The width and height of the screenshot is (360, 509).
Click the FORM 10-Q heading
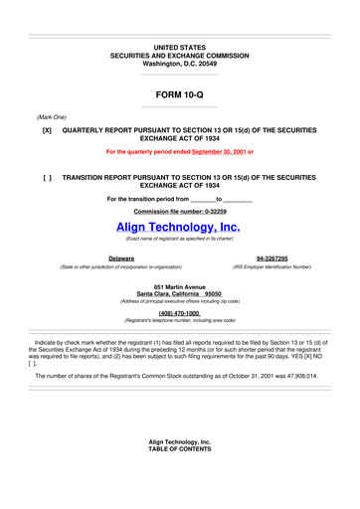pos(179,94)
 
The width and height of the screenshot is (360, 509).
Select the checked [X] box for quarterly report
pos(47,130)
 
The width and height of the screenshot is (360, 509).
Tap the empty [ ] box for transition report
pos(47,176)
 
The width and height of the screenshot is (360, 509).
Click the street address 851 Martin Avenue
pos(179,286)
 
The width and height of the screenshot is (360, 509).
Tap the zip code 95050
pos(220,294)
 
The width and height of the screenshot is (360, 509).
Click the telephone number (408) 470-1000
pos(179,313)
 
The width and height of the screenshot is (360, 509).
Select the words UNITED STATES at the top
pos(179,47)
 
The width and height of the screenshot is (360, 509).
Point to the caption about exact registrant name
pos(179,240)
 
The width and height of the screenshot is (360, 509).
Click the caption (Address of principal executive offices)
pos(179,302)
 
